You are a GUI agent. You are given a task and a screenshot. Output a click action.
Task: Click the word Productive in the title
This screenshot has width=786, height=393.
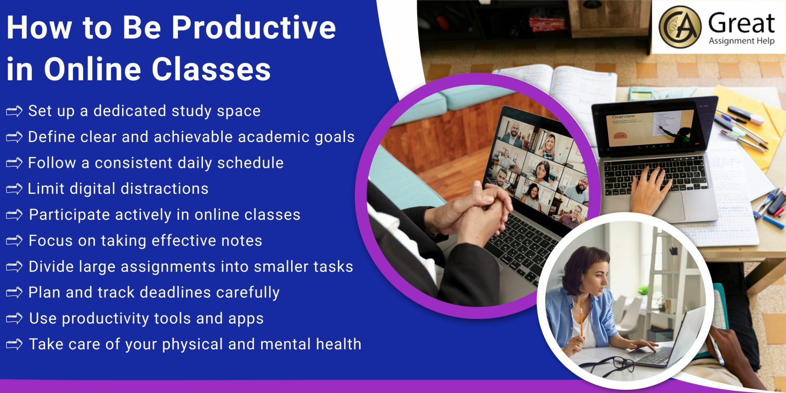[253, 28]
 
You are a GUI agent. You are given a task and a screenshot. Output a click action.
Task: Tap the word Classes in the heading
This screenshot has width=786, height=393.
[211, 69]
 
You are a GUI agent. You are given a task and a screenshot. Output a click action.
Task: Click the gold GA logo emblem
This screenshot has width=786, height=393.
[680, 27]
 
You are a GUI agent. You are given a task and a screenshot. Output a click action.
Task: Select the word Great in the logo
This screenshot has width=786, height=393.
[741, 23]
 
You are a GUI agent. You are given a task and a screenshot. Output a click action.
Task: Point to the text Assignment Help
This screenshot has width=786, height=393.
[741, 41]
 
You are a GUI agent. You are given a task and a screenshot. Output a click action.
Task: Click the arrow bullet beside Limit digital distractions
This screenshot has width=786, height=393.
[14, 189]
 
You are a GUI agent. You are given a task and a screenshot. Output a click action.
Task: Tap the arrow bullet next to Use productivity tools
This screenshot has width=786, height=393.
[14, 318]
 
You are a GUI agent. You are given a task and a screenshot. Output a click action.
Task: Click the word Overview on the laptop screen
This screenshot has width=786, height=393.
[623, 117]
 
